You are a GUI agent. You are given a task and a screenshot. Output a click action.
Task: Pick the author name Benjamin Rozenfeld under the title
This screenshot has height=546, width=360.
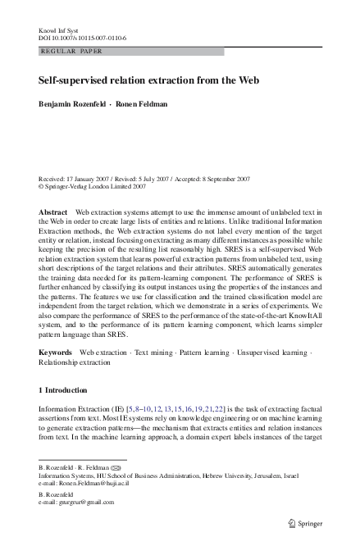tap(75, 104)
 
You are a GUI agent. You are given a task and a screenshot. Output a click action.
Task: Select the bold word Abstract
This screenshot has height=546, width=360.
tap(53, 212)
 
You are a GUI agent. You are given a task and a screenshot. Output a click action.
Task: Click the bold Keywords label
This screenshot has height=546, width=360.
tap(56, 352)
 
